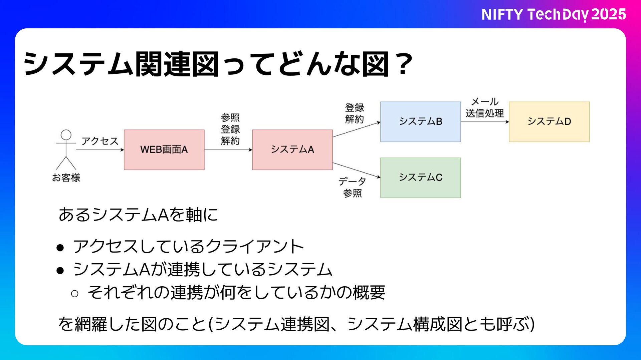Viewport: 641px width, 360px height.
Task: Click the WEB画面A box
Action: pos(164,150)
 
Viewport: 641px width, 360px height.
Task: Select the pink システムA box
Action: pos(292,150)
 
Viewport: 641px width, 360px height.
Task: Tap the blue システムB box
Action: pos(420,122)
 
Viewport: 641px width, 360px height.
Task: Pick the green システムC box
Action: pos(420,178)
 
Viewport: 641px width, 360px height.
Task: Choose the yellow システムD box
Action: pos(549,122)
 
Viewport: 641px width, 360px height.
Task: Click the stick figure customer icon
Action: pos(66,150)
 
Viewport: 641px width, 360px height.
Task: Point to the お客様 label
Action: pos(66,178)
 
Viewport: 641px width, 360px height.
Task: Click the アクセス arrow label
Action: pos(100,141)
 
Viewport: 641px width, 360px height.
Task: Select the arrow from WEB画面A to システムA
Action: pos(228,150)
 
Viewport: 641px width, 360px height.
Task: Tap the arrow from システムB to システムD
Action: pos(484,122)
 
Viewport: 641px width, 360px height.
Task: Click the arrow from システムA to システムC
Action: pos(356,170)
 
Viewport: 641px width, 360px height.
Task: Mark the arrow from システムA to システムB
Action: pos(356,129)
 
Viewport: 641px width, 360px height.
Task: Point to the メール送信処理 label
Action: pos(484,107)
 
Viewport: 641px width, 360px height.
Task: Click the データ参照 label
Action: pos(352,187)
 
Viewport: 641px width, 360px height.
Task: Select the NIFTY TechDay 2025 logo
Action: pos(554,14)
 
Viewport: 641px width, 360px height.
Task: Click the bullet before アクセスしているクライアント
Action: pos(60,247)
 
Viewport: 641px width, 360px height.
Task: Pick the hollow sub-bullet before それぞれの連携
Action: pos(75,293)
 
